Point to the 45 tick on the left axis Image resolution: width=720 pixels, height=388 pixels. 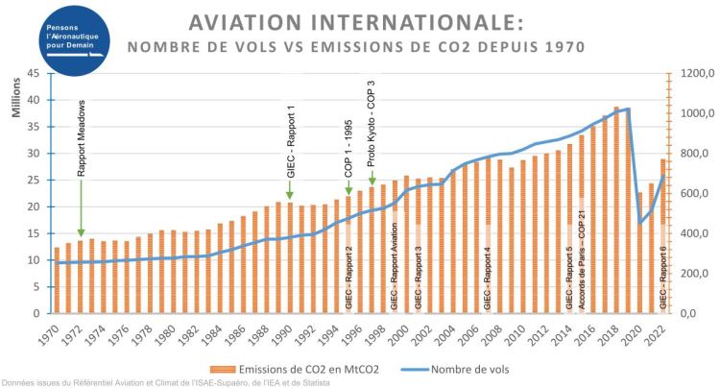point(32,73)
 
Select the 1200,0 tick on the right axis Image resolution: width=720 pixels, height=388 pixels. point(689,73)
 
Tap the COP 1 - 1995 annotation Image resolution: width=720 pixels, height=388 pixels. point(349,140)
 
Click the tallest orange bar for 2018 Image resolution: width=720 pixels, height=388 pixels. point(616,211)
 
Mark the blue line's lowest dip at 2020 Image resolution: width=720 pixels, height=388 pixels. point(639,223)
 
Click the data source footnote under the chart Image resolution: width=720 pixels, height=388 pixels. point(166,383)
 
